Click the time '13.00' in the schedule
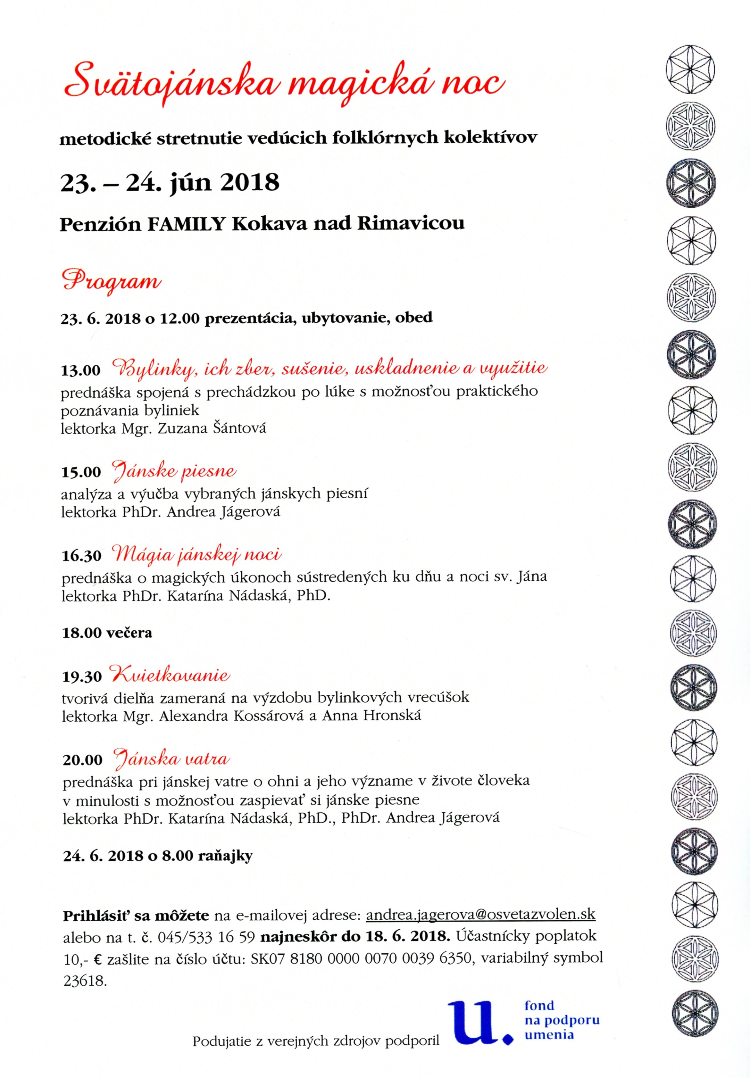tap(81, 370)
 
